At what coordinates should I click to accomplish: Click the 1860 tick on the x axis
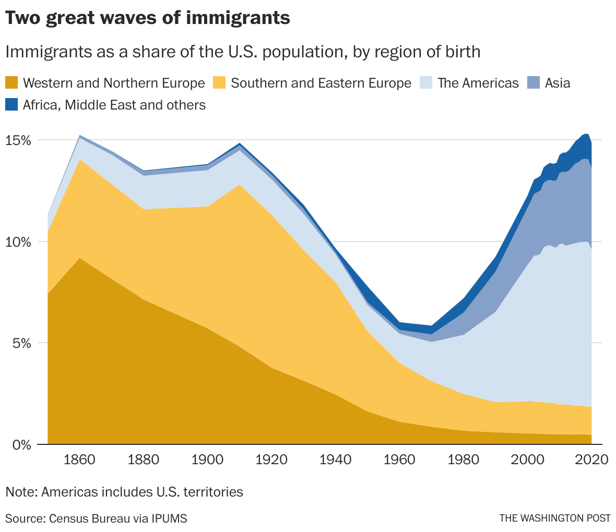pos(79,460)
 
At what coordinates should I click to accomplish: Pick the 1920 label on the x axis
pos(271,460)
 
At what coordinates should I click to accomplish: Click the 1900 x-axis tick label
pos(207,460)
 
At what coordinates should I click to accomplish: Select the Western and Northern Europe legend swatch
pos(11,83)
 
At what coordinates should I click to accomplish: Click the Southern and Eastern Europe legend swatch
pos(219,83)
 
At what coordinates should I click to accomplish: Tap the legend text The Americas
pos(478,83)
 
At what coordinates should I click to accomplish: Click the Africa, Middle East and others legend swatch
pos(11,105)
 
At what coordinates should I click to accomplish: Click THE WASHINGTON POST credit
pos(554,518)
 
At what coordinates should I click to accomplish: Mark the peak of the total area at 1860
pos(79,136)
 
